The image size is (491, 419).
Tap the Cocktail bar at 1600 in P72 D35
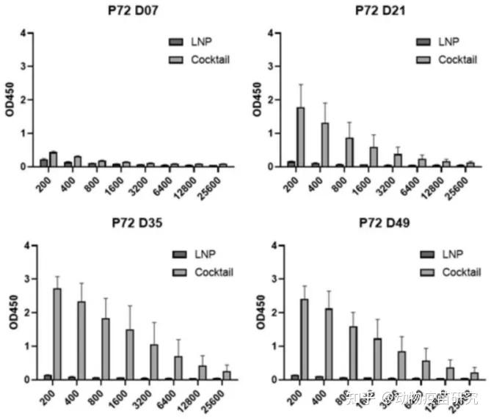129,354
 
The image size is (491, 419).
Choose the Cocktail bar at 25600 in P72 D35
226,375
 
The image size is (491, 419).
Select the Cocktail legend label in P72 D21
457,59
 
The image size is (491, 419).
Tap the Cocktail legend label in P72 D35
214,272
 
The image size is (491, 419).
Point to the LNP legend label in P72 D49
452,255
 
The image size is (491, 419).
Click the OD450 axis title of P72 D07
10,101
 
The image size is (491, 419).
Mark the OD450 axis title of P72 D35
10,313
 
